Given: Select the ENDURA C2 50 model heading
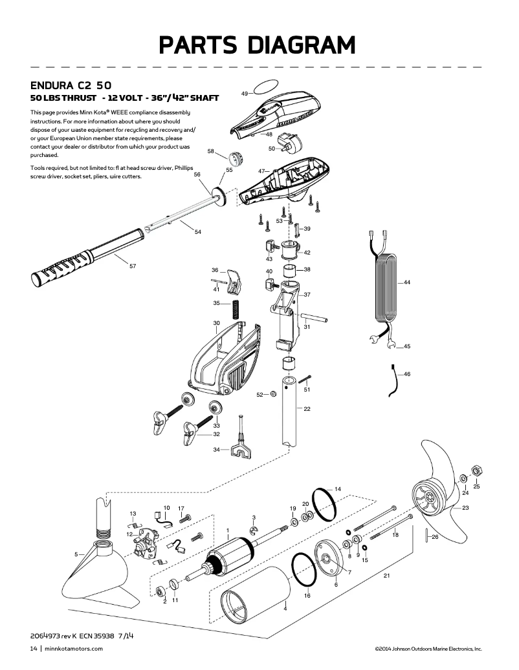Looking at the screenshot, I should coord(70,85).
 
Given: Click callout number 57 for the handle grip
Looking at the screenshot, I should coord(132,266).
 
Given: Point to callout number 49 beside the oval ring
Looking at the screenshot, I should coord(245,94).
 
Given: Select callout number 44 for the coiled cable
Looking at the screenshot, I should coord(406,283).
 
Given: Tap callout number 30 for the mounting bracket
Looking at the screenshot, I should coord(216,322).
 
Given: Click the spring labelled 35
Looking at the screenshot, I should coord(236,309).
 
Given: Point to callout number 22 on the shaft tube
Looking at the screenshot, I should coord(307,409).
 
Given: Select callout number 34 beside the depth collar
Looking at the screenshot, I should coord(216,450).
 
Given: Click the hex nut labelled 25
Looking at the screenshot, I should coord(476,469).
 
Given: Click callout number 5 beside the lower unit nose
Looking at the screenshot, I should coord(76,554).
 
